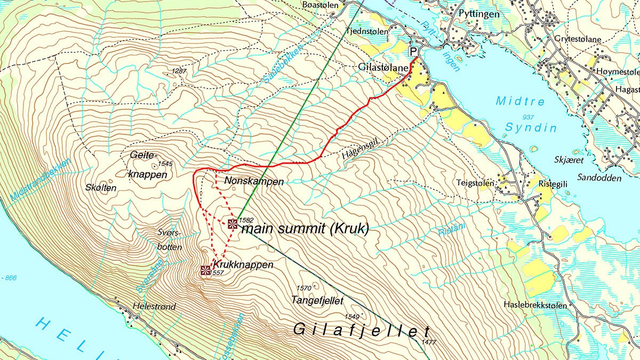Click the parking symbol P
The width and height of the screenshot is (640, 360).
413,51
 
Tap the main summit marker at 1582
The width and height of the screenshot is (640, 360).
232,223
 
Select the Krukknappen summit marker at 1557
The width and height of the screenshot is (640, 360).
205,270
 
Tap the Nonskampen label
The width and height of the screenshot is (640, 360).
254,181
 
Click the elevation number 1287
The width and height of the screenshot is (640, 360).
180,71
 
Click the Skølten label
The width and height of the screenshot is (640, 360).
100,187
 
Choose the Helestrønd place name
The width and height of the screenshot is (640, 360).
155,307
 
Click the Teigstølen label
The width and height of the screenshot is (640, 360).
474,182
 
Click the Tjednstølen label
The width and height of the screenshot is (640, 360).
365,30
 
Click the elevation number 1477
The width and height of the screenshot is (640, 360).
428,341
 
